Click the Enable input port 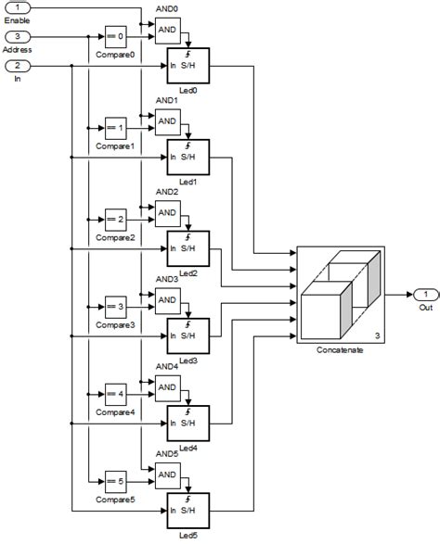pos(20,8)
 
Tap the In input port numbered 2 pos(20,66)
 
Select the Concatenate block pos(341,294)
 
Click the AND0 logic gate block pos(168,31)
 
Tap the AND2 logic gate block pos(168,212)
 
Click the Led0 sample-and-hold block pos(188,66)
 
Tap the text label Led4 pos(188,448)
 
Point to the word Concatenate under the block pos(340,351)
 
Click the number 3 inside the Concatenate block pos(377,335)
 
